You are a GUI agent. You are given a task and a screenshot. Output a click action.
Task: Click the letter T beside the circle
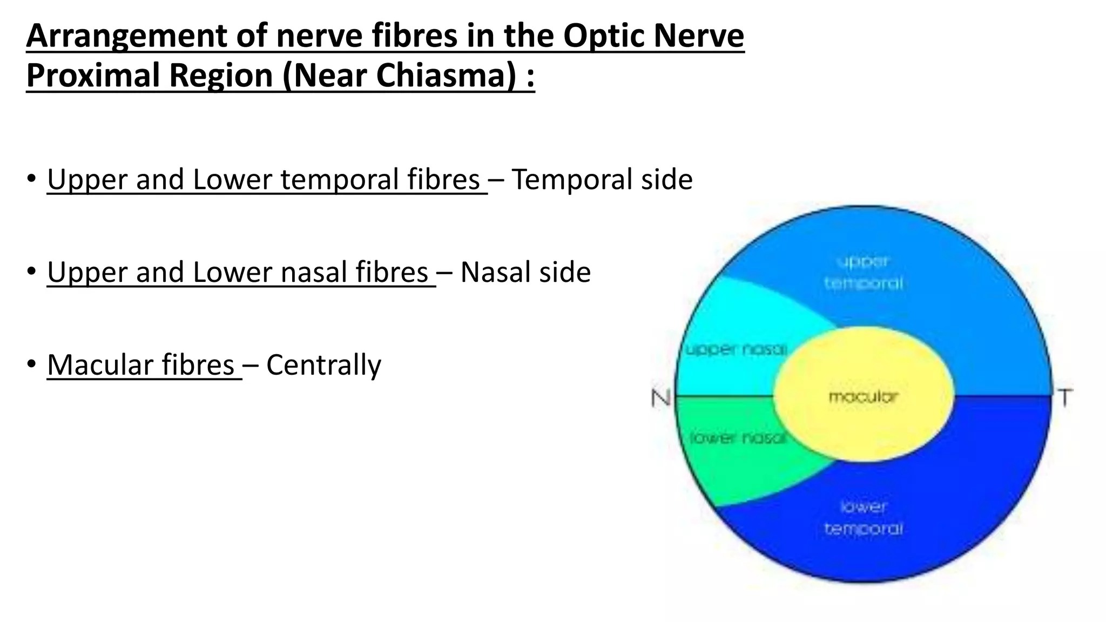(1064, 398)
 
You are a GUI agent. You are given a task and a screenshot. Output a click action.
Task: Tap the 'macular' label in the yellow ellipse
(863, 397)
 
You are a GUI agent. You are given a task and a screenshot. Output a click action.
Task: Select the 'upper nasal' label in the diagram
(736, 350)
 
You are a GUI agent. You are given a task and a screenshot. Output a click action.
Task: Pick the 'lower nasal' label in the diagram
(738, 438)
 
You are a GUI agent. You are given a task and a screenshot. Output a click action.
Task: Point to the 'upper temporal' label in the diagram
(863, 272)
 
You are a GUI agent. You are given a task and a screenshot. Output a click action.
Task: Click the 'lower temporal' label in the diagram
(863, 517)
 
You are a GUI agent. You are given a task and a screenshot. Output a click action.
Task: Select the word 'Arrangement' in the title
(126, 36)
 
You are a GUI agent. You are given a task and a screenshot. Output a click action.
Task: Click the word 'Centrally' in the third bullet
(323, 365)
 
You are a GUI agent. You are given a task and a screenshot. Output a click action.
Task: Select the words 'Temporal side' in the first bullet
(602, 179)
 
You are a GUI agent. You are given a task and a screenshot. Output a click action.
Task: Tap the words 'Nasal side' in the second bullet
(525, 272)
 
